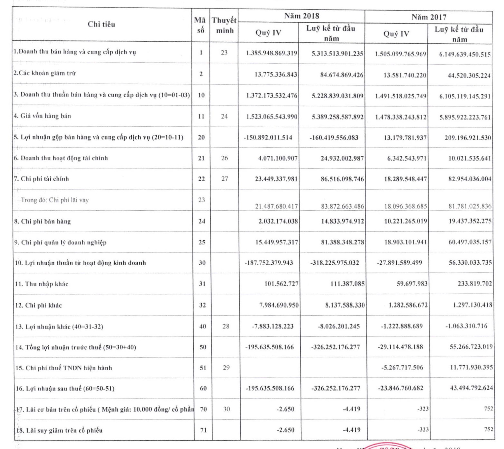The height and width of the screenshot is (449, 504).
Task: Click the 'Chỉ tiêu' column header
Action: [x=101, y=24]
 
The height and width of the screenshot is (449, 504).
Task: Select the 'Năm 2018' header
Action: [x=301, y=16]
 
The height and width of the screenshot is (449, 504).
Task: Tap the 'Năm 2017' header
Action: [x=429, y=17]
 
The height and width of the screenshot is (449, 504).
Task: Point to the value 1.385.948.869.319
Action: [x=271, y=53]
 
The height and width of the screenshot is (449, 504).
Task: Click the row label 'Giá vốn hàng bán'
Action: [x=42, y=116]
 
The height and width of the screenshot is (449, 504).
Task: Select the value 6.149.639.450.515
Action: [x=465, y=54]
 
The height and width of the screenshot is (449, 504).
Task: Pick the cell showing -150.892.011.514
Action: [x=268, y=137]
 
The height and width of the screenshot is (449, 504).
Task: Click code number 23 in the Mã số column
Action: [x=201, y=200]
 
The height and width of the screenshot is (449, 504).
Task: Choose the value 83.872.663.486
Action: [x=342, y=206]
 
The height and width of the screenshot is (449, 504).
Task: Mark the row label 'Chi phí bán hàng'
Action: [x=43, y=221]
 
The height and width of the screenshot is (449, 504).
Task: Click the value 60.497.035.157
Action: [x=470, y=242]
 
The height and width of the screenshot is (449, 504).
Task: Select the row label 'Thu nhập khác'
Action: [x=42, y=284]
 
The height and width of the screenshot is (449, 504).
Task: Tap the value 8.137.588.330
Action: [x=344, y=305]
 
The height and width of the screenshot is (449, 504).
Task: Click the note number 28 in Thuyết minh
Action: [x=226, y=326]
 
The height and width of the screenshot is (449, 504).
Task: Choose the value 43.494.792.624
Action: [x=471, y=388]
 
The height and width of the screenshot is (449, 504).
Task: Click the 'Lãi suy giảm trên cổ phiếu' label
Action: [x=59, y=430]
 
